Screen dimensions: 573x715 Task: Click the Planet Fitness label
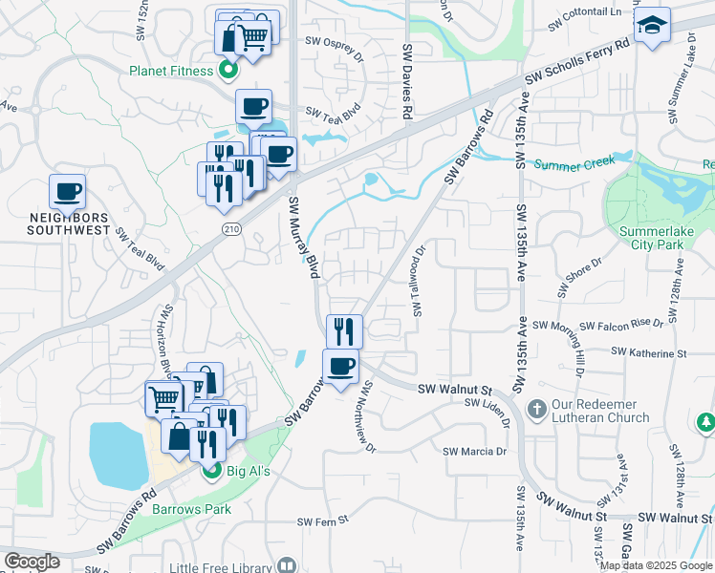[x=172, y=70]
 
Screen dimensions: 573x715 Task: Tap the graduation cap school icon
[x=652, y=25]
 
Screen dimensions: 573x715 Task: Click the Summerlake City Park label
[x=659, y=239]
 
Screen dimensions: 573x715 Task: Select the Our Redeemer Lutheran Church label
[x=600, y=411]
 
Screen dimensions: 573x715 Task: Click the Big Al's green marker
[x=210, y=470]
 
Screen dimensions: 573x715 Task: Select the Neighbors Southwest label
[x=70, y=223]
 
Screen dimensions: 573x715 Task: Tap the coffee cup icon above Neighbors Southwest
[x=68, y=192]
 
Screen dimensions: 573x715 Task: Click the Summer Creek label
[x=572, y=164]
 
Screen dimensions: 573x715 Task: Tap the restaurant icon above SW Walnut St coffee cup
[x=343, y=331]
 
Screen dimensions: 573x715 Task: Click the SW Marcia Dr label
[x=474, y=451]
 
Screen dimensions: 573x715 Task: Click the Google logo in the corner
[x=32, y=561]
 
